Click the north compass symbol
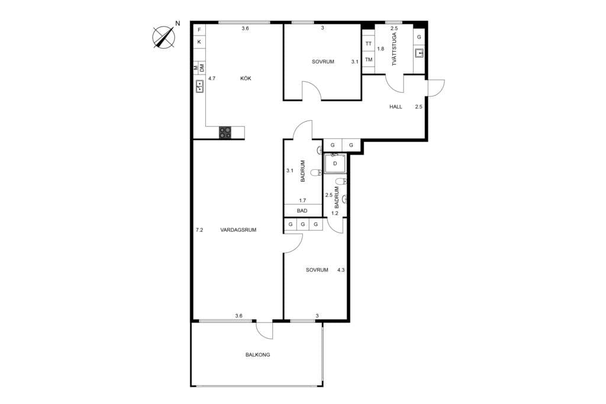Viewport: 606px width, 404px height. [165, 37]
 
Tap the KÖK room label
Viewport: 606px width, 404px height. [246, 78]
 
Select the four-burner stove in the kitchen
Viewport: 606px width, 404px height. [225, 132]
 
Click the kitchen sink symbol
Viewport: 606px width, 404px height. [199, 87]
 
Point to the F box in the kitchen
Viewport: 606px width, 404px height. [199, 30]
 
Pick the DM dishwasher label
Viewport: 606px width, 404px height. [202, 68]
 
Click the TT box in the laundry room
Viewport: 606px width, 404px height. [369, 44]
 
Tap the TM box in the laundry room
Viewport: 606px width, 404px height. [369, 59]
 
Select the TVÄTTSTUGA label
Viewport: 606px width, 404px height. [394, 57]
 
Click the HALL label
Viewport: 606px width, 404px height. [396, 107]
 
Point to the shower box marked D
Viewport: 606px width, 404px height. [335, 163]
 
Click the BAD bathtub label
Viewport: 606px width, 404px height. [302, 210]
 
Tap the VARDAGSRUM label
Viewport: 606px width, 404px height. [238, 230]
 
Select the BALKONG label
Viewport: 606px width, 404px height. [258, 355]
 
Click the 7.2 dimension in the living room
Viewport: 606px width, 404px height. [199, 230]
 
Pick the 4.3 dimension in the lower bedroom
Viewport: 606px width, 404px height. [341, 270]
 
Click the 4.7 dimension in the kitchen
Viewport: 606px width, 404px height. [211, 78]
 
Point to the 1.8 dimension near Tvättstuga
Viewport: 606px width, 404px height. [381, 49]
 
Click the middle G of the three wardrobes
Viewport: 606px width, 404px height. [303, 225]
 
